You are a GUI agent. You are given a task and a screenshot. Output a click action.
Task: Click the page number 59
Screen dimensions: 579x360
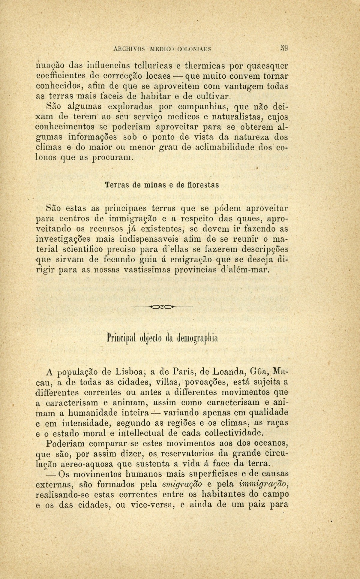pos(284,48)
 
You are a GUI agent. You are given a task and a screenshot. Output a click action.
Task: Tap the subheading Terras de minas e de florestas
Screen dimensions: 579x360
pos(162,185)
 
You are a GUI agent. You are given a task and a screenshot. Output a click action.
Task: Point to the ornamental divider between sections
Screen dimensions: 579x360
pos(162,307)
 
